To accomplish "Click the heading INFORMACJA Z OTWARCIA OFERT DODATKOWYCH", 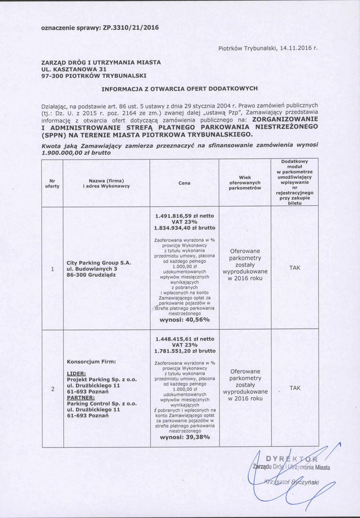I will [180, 89].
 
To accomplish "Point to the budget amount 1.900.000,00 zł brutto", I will [76, 152].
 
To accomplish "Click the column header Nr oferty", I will [52, 183].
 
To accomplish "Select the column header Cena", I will [185, 183].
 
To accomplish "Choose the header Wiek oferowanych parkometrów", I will [245, 183].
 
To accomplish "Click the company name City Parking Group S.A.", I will [99, 263].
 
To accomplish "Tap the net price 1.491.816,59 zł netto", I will [185, 216].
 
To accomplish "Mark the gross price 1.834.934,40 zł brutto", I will [185, 228].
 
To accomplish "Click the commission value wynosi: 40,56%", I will [185, 320].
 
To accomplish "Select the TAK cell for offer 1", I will [295, 268].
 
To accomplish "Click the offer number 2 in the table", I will [52, 389].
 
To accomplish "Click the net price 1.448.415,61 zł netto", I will [185, 339].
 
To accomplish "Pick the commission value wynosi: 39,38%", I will [185, 438].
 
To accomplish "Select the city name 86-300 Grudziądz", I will [91, 275].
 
